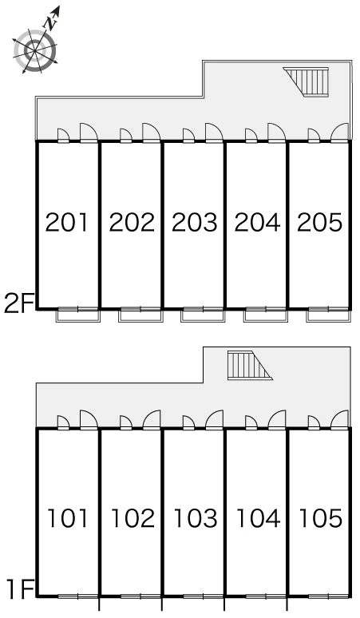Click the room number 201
66,222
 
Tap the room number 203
195,222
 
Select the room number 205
320,222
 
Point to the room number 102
133,518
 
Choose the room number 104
258,518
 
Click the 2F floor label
18,303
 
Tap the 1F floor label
21,589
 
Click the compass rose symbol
35,50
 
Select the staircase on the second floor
307,81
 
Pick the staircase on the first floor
249,366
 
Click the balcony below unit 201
78,315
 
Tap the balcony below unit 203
204,315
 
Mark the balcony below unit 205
329,315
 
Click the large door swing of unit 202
151,132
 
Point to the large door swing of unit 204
276,132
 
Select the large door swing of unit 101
89,419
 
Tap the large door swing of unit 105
339,419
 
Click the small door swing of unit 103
188,422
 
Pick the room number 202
132,222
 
